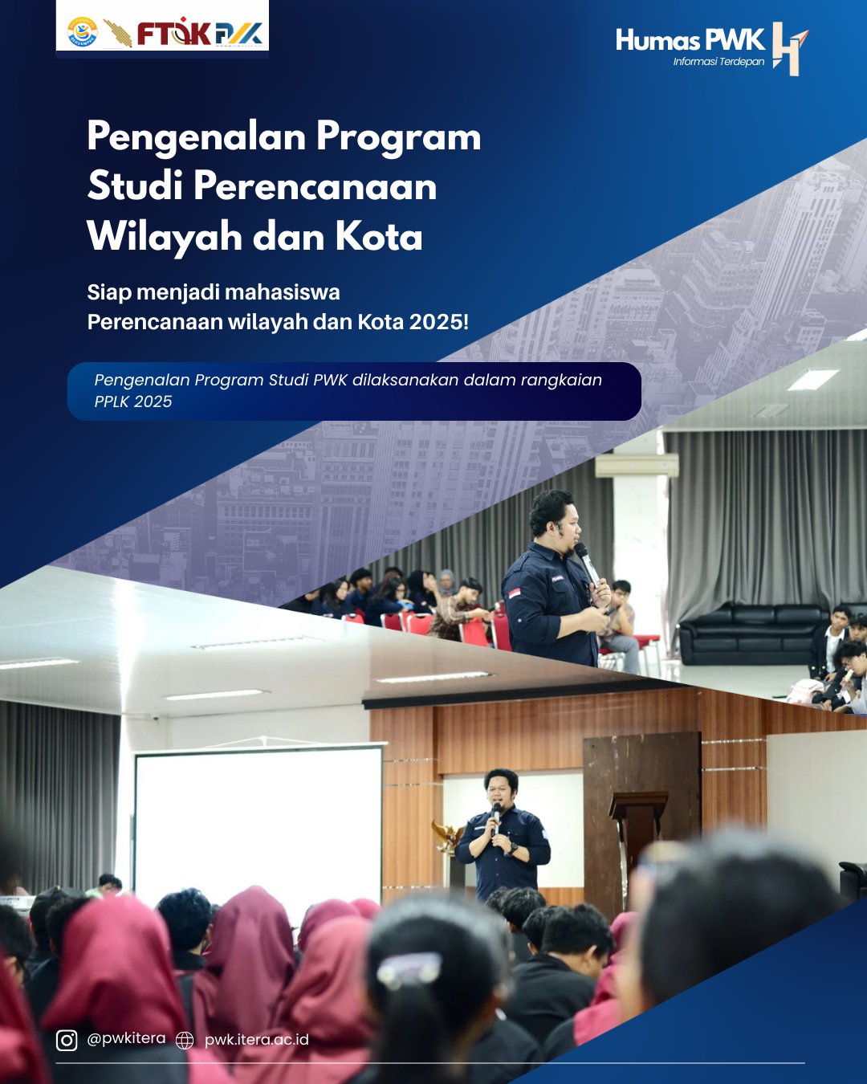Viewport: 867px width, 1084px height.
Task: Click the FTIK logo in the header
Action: (174, 33)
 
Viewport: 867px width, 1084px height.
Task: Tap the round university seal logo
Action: (82, 33)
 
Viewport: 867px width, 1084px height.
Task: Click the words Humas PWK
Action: (690, 40)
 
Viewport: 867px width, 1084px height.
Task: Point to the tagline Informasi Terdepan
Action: (718, 62)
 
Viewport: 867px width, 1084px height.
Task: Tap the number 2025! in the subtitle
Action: (439, 321)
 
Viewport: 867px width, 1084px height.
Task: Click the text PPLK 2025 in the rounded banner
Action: (133, 401)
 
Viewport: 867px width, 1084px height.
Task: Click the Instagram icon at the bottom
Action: (67, 1040)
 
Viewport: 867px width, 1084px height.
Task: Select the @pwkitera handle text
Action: (126, 1038)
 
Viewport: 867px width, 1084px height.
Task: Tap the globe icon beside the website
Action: (185, 1040)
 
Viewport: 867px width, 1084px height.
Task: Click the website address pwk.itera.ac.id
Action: (256, 1039)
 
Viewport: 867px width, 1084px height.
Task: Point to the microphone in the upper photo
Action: (586, 563)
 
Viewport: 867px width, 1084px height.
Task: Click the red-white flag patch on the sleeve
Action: (515, 593)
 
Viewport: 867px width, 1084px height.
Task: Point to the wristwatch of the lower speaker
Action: (512, 849)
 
